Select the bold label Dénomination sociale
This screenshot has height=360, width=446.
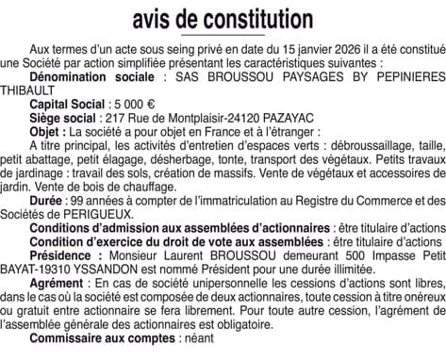(x=91, y=75)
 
